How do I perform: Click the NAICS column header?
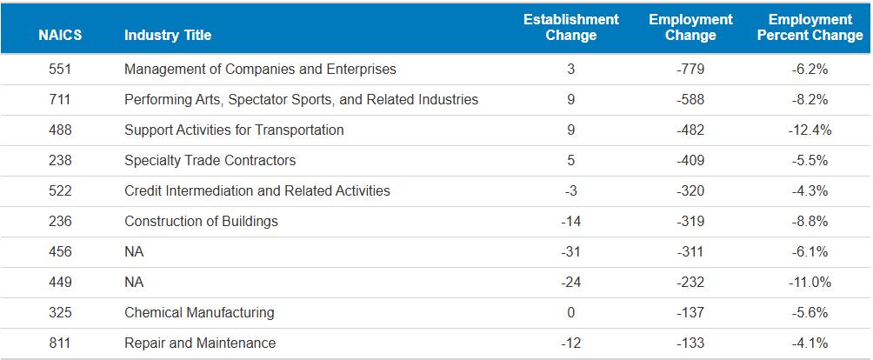60,35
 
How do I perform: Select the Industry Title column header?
168,35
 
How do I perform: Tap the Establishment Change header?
570,27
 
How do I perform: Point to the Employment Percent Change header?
810,27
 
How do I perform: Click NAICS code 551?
60,70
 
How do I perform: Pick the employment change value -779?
690,70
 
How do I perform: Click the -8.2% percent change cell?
810,100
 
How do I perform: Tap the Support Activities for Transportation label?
234,130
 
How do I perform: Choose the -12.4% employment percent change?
810,130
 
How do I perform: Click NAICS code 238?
60,161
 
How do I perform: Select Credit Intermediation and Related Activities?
257,190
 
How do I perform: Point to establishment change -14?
570,222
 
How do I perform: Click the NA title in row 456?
134,251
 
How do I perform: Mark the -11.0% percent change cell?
810,282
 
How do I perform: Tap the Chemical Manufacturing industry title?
199,313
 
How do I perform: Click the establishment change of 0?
570,313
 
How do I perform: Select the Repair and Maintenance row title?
200,343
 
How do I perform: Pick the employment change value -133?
690,343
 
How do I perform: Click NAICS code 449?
60,282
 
